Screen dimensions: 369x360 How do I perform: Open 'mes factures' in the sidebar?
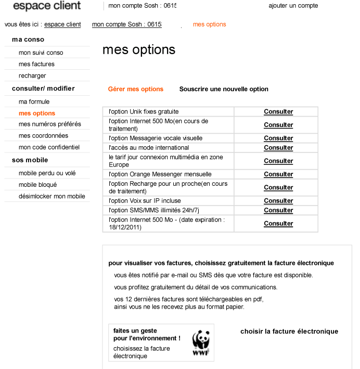pos(36,64)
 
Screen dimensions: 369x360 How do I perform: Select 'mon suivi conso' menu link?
pos(41,53)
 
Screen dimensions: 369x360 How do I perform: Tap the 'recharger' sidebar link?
pos(32,75)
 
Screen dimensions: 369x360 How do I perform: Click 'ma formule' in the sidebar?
pos(34,101)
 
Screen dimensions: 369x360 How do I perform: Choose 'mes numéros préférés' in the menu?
pos(49,124)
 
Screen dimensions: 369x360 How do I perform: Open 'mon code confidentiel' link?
pos(49,147)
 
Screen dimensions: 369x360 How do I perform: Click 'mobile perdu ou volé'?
pos(47,173)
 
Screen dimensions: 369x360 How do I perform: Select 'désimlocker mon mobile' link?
pos(52,196)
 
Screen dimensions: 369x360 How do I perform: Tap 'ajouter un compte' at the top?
pos(293,6)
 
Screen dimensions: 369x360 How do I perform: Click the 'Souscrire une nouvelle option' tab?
pos(224,89)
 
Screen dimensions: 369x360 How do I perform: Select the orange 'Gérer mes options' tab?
pos(135,89)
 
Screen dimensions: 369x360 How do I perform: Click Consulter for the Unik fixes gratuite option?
pos(278,112)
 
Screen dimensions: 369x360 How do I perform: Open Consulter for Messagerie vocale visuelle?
pos(278,138)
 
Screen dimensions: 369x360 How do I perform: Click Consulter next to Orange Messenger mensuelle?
pos(278,174)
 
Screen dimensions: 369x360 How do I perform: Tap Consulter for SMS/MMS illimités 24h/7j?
pos(278,210)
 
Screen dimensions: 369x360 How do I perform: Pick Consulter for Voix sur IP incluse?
pos(278,201)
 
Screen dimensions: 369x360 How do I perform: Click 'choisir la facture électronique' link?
pos(289,332)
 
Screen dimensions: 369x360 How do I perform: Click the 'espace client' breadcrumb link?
pos(62,24)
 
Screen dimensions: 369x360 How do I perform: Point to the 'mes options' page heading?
pos(138,50)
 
